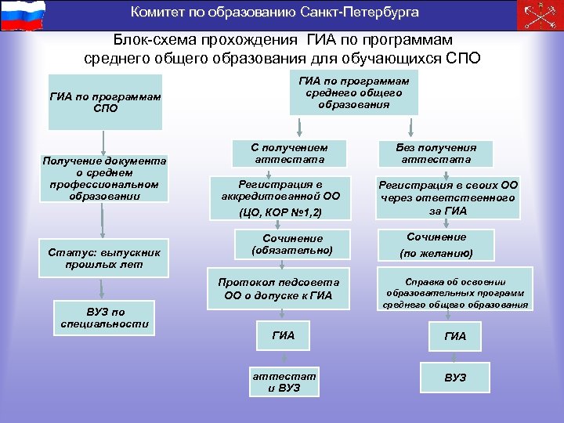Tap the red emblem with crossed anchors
(540, 15)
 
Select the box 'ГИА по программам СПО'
(105, 102)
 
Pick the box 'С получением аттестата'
(287, 153)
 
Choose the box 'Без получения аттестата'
(446, 153)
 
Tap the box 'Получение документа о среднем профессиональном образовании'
(105, 178)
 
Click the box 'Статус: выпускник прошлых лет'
(105, 258)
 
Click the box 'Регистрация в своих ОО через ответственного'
(447, 197)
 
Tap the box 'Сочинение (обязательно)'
(291, 244)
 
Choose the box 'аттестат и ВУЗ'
(283, 382)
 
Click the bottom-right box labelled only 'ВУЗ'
(455, 378)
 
